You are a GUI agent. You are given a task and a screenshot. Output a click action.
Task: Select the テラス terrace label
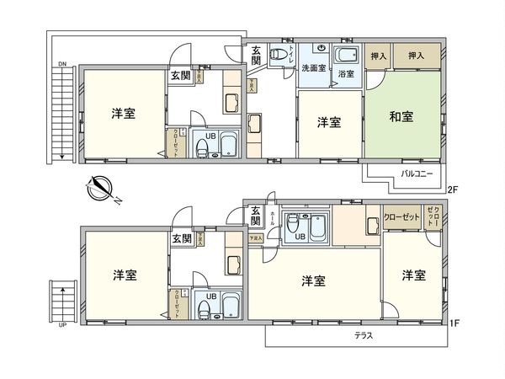pos(364,334)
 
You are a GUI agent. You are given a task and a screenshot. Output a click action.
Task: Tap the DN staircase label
pos(62,64)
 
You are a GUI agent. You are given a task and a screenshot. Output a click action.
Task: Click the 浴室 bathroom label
pos(346,74)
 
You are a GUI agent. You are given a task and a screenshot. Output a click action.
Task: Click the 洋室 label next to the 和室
pos(329,123)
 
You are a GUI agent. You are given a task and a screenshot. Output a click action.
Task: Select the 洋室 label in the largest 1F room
pos(313,280)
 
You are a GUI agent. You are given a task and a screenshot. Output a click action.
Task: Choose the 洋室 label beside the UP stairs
pos(125,275)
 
